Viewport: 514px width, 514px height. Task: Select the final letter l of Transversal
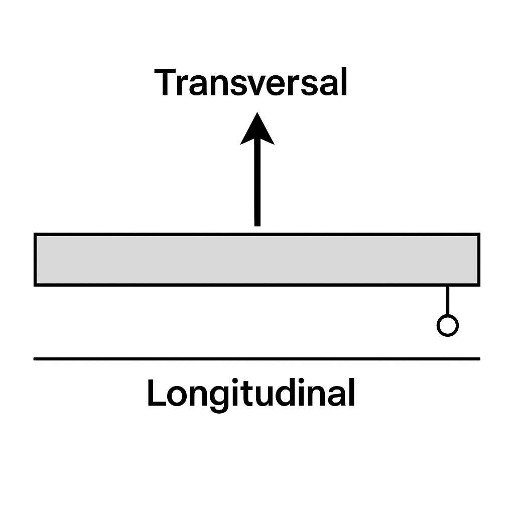(x=344, y=82)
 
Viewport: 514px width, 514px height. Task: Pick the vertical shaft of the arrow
(x=258, y=182)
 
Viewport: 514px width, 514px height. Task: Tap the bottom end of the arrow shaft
(x=258, y=226)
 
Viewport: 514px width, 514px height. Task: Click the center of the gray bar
(x=257, y=260)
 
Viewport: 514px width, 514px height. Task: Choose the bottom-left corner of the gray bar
(x=34, y=286)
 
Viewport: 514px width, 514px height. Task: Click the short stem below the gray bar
(x=447, y=301)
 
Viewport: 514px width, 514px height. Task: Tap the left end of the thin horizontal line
(x=34, y=359)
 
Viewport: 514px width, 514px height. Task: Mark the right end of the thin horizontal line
(x=480, y=359)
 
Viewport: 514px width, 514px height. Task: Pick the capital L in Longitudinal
(x=157, y=393)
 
